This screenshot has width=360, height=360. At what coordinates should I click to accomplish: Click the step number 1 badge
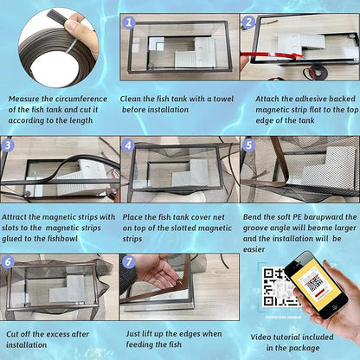pos(128,22)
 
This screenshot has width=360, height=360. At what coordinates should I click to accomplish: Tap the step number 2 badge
pos(248,22)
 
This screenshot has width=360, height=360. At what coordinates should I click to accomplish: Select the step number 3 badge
pos(8,145)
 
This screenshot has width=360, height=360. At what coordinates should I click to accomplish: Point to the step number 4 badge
pos(128,145)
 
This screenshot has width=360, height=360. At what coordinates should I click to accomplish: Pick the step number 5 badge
pos(248,145)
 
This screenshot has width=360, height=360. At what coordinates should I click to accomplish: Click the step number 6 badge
pos(8,262)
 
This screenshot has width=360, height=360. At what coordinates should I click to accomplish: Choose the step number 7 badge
pos(128,262)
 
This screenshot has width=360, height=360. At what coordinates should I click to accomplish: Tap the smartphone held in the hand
pos(316,285)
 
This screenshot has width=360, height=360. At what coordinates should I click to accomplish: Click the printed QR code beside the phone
pos(277,287)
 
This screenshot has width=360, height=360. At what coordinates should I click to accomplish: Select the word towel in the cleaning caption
pos(223,99)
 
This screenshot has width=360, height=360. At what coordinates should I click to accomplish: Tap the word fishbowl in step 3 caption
pos(61,239)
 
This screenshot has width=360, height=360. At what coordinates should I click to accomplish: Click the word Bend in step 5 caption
pos(252,217)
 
